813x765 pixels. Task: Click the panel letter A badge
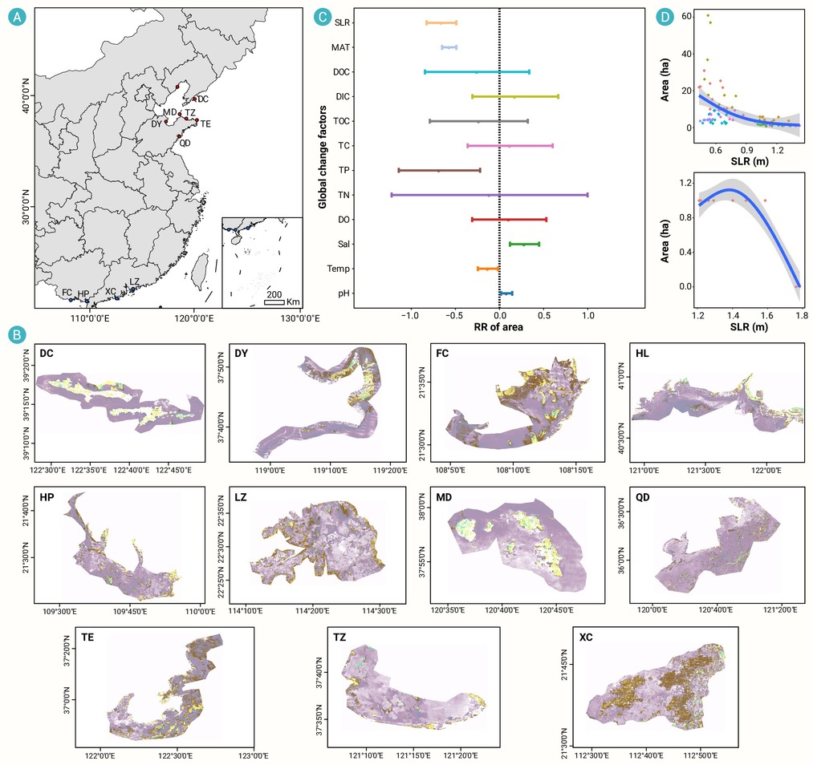coord(17,18)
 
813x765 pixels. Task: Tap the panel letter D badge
coord(665,17)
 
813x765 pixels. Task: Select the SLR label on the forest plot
coord(342,22)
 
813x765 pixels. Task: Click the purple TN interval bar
coord(490,196)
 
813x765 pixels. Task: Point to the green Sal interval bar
coord(525,244)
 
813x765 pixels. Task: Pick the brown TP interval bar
coord(439,171)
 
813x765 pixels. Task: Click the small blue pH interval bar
coord(506,293)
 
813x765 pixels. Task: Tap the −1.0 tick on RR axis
coord(409,315)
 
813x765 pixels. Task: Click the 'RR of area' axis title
coord(498,327)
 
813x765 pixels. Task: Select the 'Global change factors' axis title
coord(323,157)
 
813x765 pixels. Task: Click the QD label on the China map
coord(185,143)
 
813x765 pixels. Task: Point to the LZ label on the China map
coord(134,281)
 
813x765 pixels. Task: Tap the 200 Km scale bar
coord(274,302)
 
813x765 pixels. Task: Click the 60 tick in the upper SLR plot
coord(686,17)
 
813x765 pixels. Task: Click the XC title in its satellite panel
coord(586,637)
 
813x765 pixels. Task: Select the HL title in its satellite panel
coord(642,354)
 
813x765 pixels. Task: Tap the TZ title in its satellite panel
coord(339,637)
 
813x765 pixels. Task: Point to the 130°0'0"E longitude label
coord(300,318)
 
